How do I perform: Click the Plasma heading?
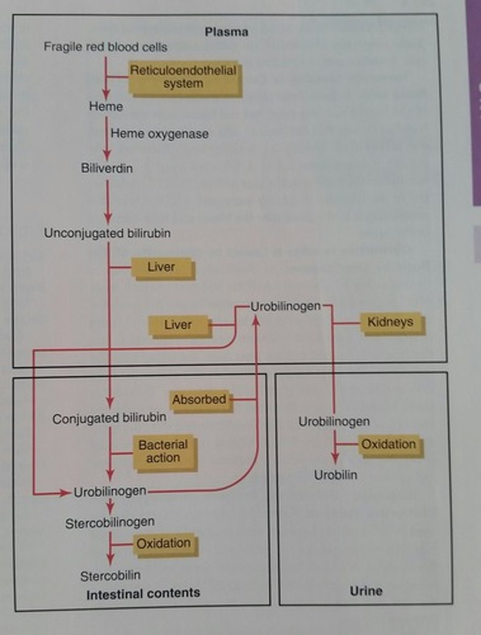pyautogui.click(x=226, y=32)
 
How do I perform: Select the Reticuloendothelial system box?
pyautogui.click(x=184, y=77)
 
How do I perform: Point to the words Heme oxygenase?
pyautogui.click(x=159, y=134)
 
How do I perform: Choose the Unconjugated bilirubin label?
pyautogui.click(x=107, y=233)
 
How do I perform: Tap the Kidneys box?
pyautogui.click(x=391, y=322)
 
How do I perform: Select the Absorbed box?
pyautogui.click(x=199, y=400)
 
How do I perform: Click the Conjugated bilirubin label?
pyautogui.click(x=110, y=418)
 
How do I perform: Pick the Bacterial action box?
pyautogui.click(x=162, y=451)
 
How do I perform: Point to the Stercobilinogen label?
pyautogui.click(x=110, y=523)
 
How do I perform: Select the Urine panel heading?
pyautogui.click(x=366, y=591)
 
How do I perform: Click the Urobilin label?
pyautogui.click(x=335, y=475)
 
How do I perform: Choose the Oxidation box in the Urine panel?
pyautogui.click(x=388, y=444)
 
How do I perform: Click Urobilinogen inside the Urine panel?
pyautogui.click(x=334, y=422)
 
